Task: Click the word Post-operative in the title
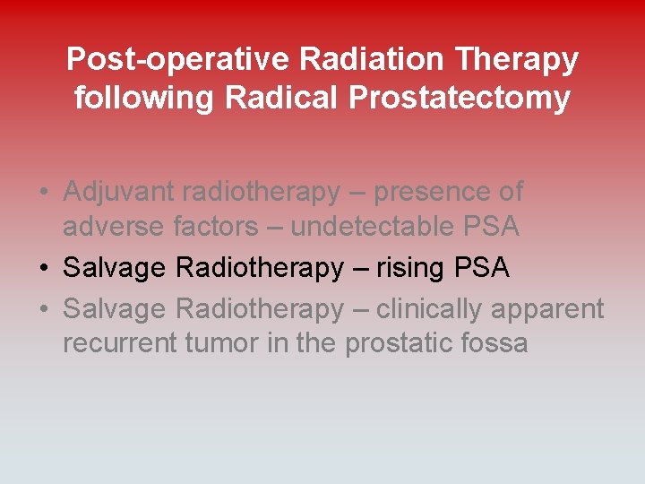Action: tap(178, 60)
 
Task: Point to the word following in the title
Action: tap(144, 98)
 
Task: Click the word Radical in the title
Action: tap(279, 97)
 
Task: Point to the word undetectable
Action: tap(372, 227)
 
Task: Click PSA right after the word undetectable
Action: tap(491, 227)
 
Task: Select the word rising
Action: tap(414, 268)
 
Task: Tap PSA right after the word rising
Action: tap(481, 268)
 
